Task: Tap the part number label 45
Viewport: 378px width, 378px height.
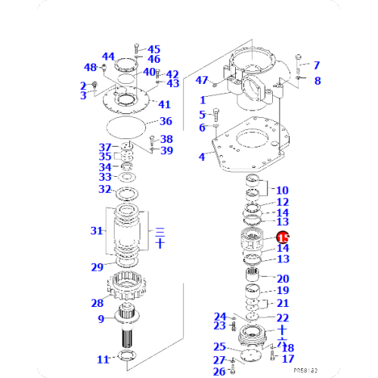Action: pyautogui.click(x=153, y=49)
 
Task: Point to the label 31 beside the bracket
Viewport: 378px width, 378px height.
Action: pyautogui.click(x=96, y=231)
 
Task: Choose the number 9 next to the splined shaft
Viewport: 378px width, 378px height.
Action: pyautogui.click(x=100, y=319)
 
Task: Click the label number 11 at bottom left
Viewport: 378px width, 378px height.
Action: pyautogui.click(x=103, y=358)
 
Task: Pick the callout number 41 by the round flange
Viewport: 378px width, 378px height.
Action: pyautogui.click(x=165, y=104)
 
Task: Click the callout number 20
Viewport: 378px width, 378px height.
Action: pyautogui.click(x=283, y=279)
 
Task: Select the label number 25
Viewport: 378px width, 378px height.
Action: pyautogui.click(x=218, y=346)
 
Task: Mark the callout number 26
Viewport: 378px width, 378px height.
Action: pyautogui.click(x=218, y=371)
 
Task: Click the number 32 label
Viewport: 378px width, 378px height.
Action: pyautogui.click(x=106, y=189)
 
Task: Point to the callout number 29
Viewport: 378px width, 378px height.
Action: pyautogui.click(x=97, y=267)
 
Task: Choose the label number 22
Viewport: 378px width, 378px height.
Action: pyautogui.click(x=282, y=318)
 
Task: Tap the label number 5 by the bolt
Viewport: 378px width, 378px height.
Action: pyautogui.click(x=203, y=114)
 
